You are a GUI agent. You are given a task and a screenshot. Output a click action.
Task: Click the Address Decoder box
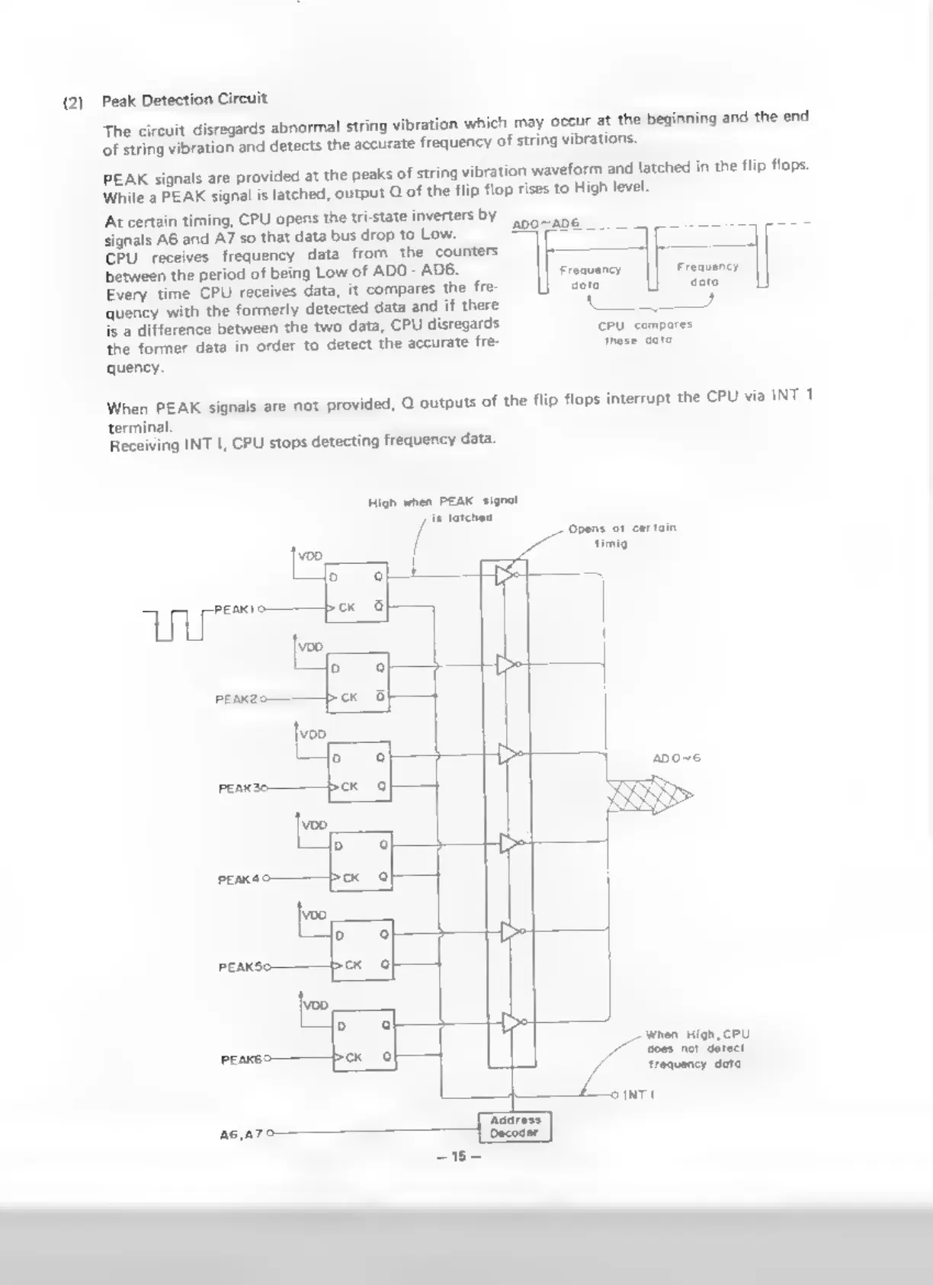[x=515, y=1126]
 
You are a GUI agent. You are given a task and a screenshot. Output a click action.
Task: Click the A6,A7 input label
[x=241, y=1133]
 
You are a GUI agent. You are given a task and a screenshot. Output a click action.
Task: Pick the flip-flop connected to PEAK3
[x=359, y=771]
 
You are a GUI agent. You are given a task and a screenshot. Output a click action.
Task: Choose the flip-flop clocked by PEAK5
[x=362, y=949]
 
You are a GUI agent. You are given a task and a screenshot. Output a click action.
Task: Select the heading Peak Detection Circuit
[x=184, y=99]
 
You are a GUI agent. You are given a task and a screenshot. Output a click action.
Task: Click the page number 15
[x=458, y=1156]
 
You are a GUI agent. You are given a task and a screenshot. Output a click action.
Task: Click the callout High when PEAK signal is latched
[x=442, y=509]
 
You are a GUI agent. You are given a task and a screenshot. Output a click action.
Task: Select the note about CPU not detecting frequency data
[x=697, y=1049]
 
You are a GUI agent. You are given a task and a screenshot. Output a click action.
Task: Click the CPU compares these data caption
[x=644, y=332]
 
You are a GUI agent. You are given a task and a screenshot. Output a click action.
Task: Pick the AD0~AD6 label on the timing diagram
[x=545, y=223]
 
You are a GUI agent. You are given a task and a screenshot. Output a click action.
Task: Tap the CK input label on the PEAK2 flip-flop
[x=349, y=697]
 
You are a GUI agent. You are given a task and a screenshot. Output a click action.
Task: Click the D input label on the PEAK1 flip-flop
[x=333, y=578]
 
